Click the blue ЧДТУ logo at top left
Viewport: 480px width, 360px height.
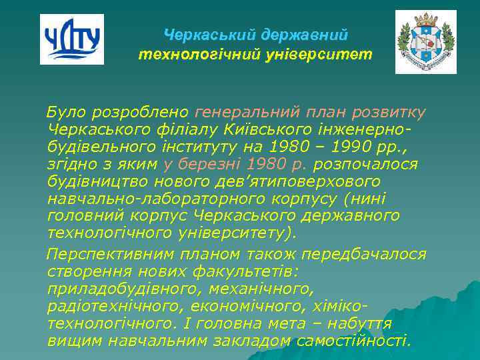pos(72,39)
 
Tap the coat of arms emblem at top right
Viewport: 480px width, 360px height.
pos(425,41)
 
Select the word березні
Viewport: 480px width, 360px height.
pos(207,163)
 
